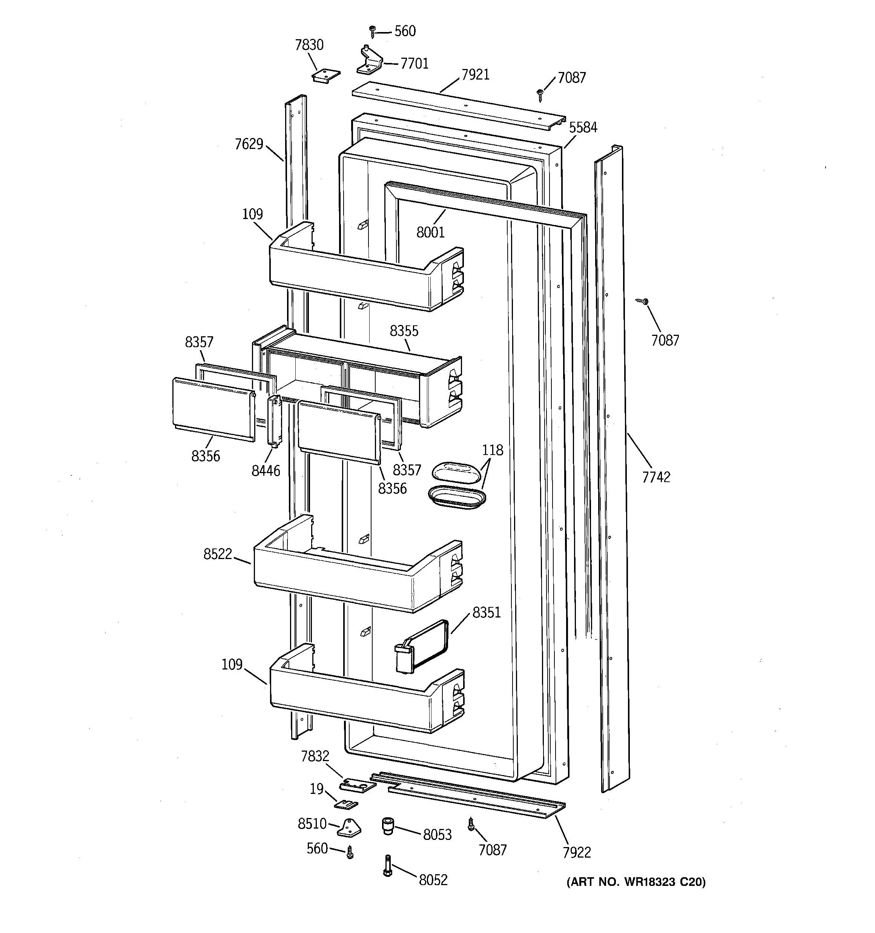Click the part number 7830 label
309,45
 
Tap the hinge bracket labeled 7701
369,62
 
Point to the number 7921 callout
475,75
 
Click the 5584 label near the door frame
583,127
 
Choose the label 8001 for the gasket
430,232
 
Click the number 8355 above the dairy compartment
404,331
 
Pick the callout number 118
492,450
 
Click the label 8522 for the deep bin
218,554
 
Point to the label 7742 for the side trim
656,477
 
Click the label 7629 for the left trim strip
249,144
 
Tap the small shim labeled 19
346,804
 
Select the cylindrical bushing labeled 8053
387,826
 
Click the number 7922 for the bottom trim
577,852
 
